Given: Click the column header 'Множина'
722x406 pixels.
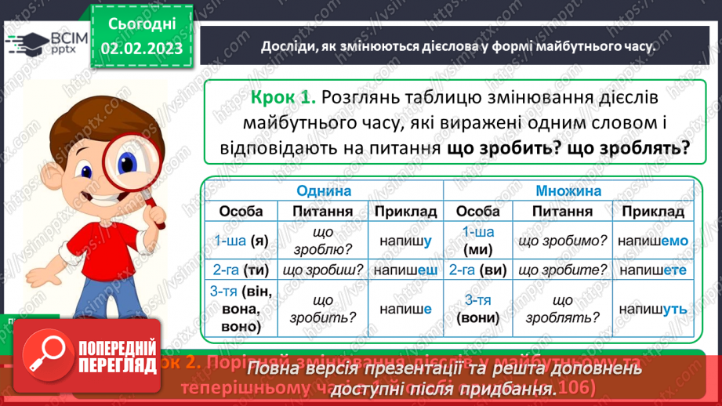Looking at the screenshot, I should pos(568,191).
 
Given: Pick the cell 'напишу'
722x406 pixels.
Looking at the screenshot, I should pos(405,242).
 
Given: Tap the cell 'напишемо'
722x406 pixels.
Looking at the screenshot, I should pos(652,242).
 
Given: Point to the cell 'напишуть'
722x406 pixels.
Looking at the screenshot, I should pos(652,310).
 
